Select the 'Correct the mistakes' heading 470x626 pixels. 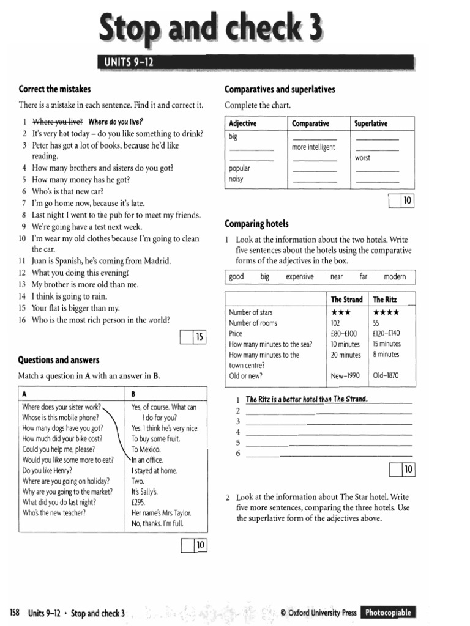[x=54, y=89]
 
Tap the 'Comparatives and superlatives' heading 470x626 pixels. [x=280, y=89]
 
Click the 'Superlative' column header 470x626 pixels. [x=371, y=123]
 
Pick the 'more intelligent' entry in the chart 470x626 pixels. [x=313, y=147]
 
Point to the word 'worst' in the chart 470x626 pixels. [x=362, y=158]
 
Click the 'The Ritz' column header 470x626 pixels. [x=386, y=300]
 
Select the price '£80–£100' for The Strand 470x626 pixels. [x=343, y=334]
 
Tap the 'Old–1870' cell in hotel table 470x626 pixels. [x=386, y=375]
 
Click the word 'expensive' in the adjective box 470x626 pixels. [x=299, y=277]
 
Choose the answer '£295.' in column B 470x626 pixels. [x=138, y=502]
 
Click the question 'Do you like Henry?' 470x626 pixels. [x=47, y=471]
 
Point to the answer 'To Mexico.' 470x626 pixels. [x=146, y=449]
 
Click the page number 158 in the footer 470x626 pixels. [x=15, y=613]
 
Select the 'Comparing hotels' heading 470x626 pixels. [x=256, y=224]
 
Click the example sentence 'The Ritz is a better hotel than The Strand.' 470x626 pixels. [x=307, y=399]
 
